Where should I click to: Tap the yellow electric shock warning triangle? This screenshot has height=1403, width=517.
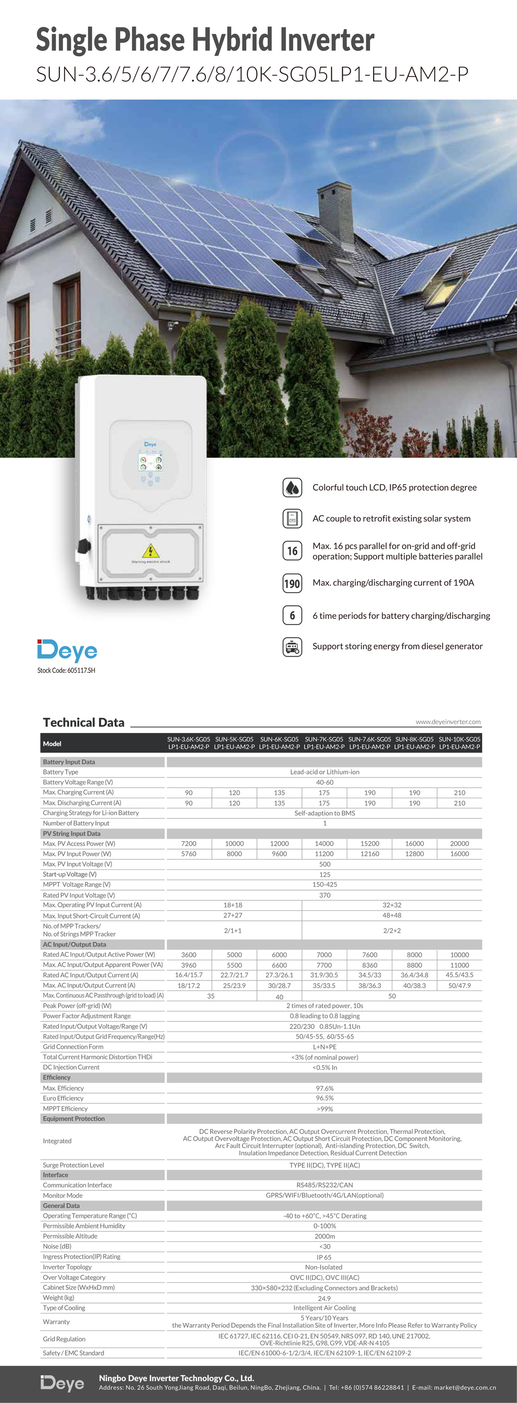(150, 550)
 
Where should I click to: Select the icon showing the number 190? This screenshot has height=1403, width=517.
(292, 583)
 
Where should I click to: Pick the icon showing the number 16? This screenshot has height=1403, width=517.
(292, 551)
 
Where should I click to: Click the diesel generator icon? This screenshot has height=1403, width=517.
(292, 647)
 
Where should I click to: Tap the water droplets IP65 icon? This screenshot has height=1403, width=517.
(292, 488)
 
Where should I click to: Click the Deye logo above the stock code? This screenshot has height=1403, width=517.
(67, 650)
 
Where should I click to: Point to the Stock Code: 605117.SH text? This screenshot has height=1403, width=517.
(66, 670)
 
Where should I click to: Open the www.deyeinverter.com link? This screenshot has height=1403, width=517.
(448, 721)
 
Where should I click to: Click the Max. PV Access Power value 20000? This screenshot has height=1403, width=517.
(459, 844)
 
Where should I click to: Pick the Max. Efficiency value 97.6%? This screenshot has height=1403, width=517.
(325, 1088)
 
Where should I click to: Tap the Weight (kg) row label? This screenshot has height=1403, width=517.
(58, 1297)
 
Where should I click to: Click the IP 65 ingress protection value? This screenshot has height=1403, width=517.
(324, 1257)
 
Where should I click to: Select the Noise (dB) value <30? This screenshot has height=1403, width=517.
(325, 1246)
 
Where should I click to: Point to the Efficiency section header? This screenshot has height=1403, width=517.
(57, 1077)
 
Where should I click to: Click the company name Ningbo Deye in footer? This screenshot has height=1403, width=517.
(177, 1378)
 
